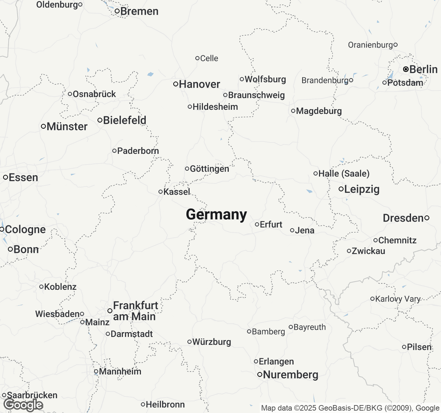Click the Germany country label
[x=216, y=214]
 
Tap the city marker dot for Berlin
[x=406, y=69]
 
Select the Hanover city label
[x=199, y=84]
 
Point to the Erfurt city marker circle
[x=257, y=224]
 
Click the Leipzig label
[x=362, y=189]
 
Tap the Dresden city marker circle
[x=427, y=218]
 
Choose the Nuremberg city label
[x=290, y=374]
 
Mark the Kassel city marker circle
[x=161, y=192]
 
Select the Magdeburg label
[x=319, y=111]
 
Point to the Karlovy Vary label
[x=398, y=299]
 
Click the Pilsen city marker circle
[x=404, y=347]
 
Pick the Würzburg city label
[x=212, y=342]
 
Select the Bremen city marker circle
[x=117, y=11]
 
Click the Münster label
[x=67, y=126]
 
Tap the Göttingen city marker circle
[x=187, y=169]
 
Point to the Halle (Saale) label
[x=344, y=173]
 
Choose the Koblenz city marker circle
[x=41, y=287]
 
